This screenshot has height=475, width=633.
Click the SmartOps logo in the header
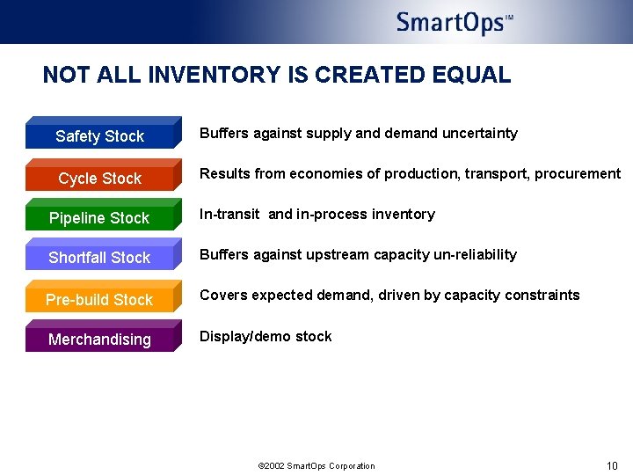(x=454, y=22)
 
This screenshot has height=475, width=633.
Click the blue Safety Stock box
(x=100, y=135)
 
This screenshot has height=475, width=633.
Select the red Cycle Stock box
(x=100, y=178)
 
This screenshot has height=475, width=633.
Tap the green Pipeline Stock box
(x=100, y=218)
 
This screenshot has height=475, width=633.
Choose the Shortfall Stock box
(x=100, y=258)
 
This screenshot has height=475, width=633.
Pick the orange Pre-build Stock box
(x=100, y=299)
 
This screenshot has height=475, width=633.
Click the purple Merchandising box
(x=100, y=340)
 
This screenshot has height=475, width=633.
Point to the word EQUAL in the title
(x=471, y=75)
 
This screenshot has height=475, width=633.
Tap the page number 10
(x=612, y=465)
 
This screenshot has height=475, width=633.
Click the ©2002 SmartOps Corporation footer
(x=316, y=466)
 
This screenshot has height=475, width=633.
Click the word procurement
(x=578, y=174)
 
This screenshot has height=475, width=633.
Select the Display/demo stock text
(x=266, y=336)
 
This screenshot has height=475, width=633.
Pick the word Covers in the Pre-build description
(x=222, y=296)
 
